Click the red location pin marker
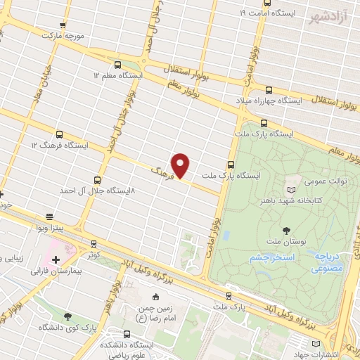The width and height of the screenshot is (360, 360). click(x=181, y=165)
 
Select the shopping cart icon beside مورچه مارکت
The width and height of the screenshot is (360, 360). click(x=63, y=24)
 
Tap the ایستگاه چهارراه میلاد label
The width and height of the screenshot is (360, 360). click(x=274, y=101)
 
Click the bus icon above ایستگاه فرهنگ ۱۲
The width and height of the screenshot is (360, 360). click(x=59, y=134)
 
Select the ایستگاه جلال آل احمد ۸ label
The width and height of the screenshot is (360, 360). click(x=97, y=191)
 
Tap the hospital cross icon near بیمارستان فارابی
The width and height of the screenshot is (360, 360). click(x=56, y=259)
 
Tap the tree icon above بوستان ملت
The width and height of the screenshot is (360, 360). click(x=286, y=230)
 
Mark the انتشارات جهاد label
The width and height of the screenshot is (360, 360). click(x=334, y=353)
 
